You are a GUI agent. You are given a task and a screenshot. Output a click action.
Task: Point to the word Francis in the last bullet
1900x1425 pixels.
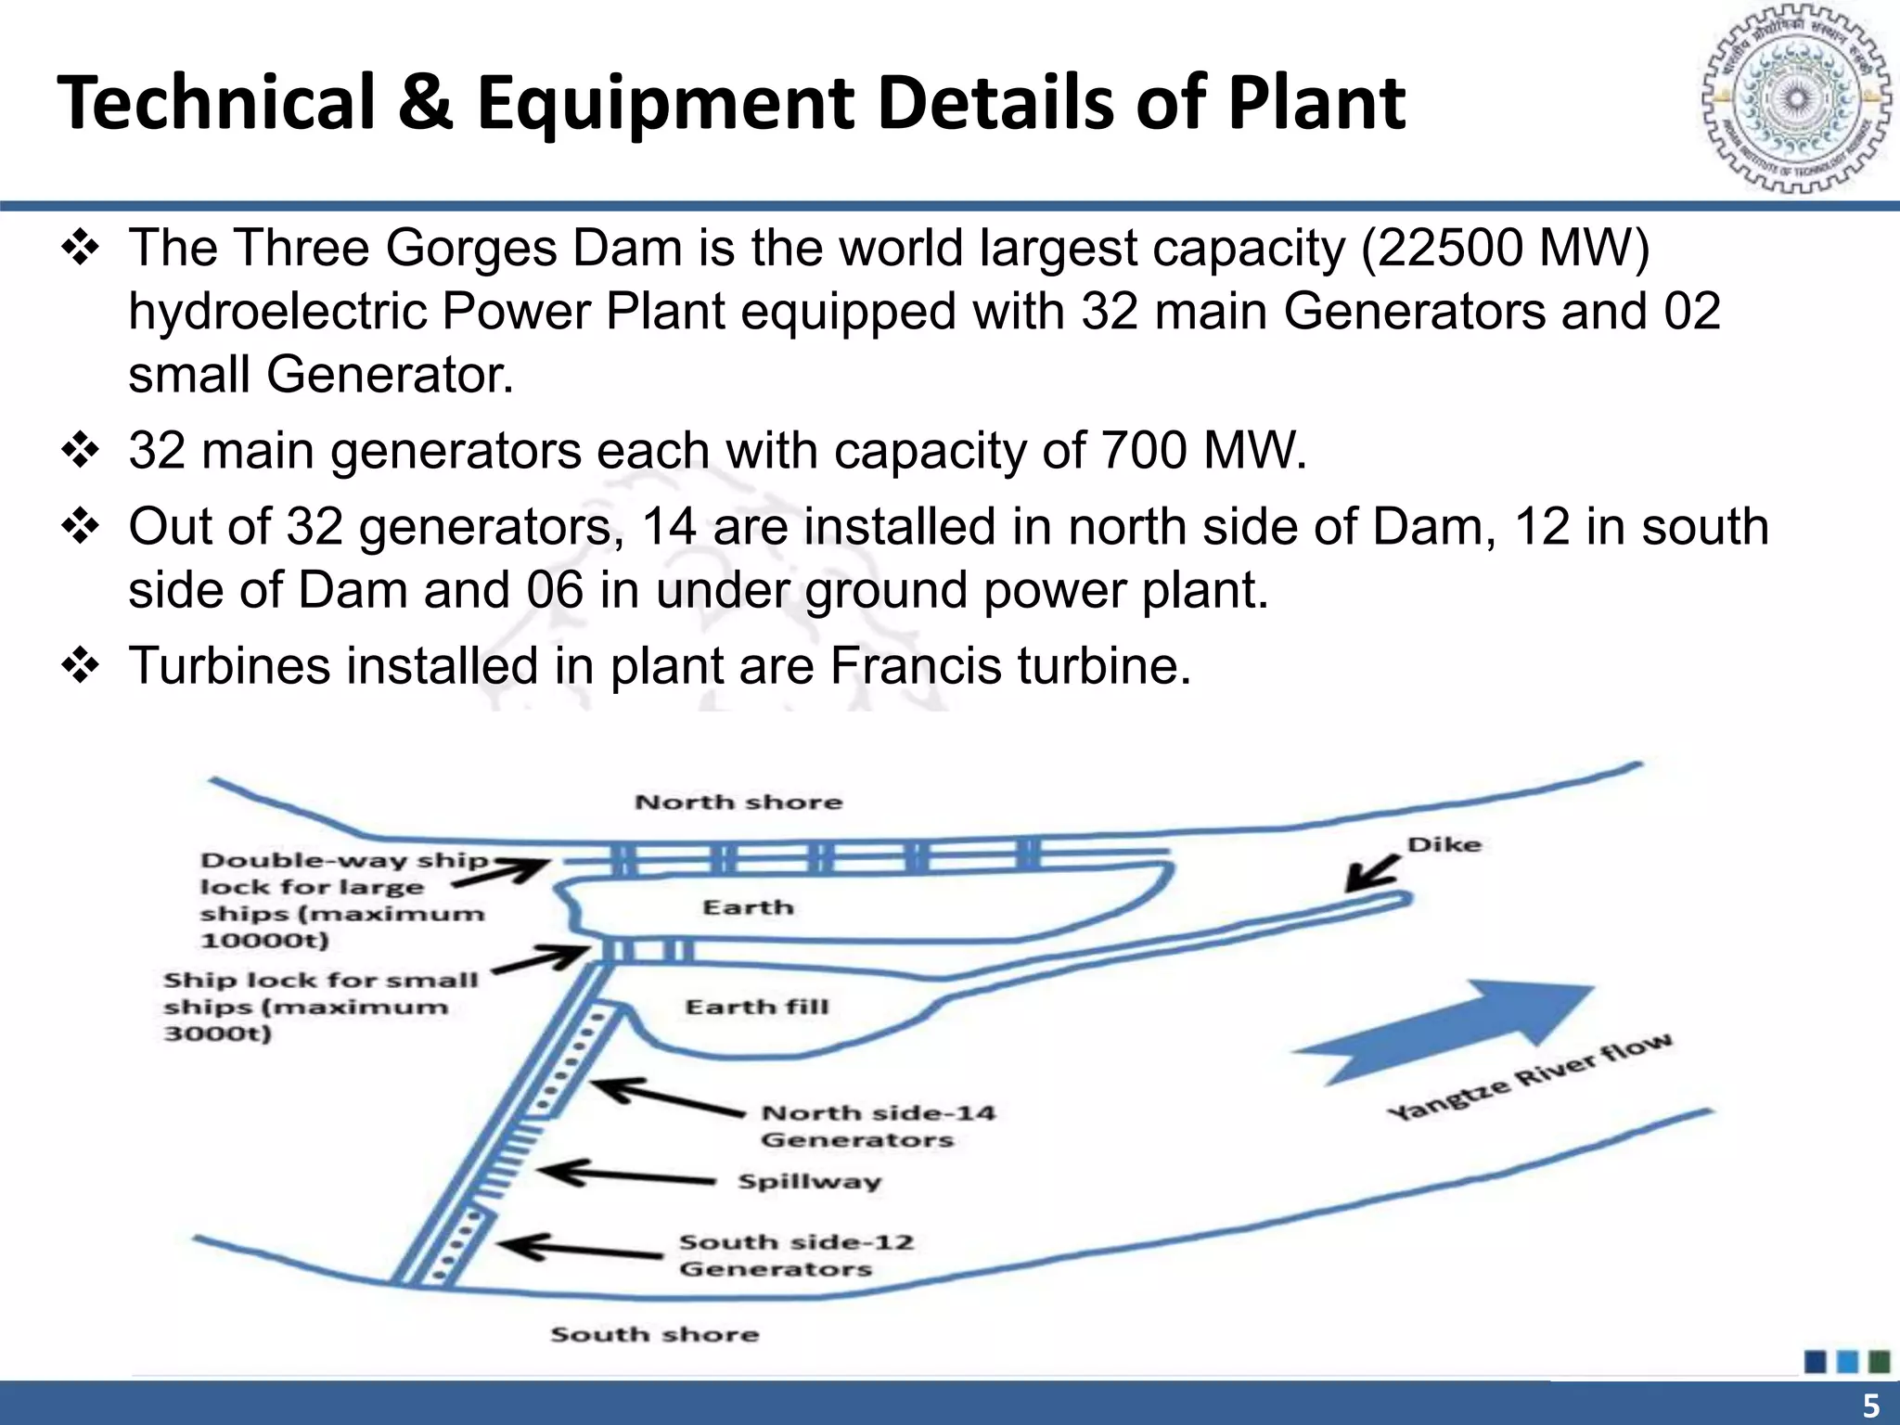point(915,666)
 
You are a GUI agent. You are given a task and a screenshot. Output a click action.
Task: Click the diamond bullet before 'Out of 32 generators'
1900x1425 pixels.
point(81,527)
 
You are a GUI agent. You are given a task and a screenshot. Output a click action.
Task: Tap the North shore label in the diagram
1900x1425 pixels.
point(738,802)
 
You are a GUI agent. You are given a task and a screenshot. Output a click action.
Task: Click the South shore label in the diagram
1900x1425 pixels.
point(655,1335)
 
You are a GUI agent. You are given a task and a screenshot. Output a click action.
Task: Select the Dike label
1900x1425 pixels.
point(1444,845)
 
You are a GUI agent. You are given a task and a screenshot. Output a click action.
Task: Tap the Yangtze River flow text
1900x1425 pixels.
point(1531,1076)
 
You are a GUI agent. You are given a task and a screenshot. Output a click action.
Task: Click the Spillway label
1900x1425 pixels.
point(809,1182)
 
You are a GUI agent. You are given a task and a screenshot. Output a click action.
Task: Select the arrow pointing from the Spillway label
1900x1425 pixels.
point(627,1175)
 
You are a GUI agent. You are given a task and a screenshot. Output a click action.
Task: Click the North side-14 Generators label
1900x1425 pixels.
point(878,1126)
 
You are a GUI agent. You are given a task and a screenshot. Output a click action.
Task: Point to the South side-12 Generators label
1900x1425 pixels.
point(796,1255)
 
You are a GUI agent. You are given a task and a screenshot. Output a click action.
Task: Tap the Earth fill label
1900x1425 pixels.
point(757,1008)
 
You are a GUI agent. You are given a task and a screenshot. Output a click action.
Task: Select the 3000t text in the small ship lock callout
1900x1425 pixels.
point(218,1033)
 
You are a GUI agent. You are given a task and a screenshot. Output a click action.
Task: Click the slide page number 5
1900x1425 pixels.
point(1871,1405)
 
